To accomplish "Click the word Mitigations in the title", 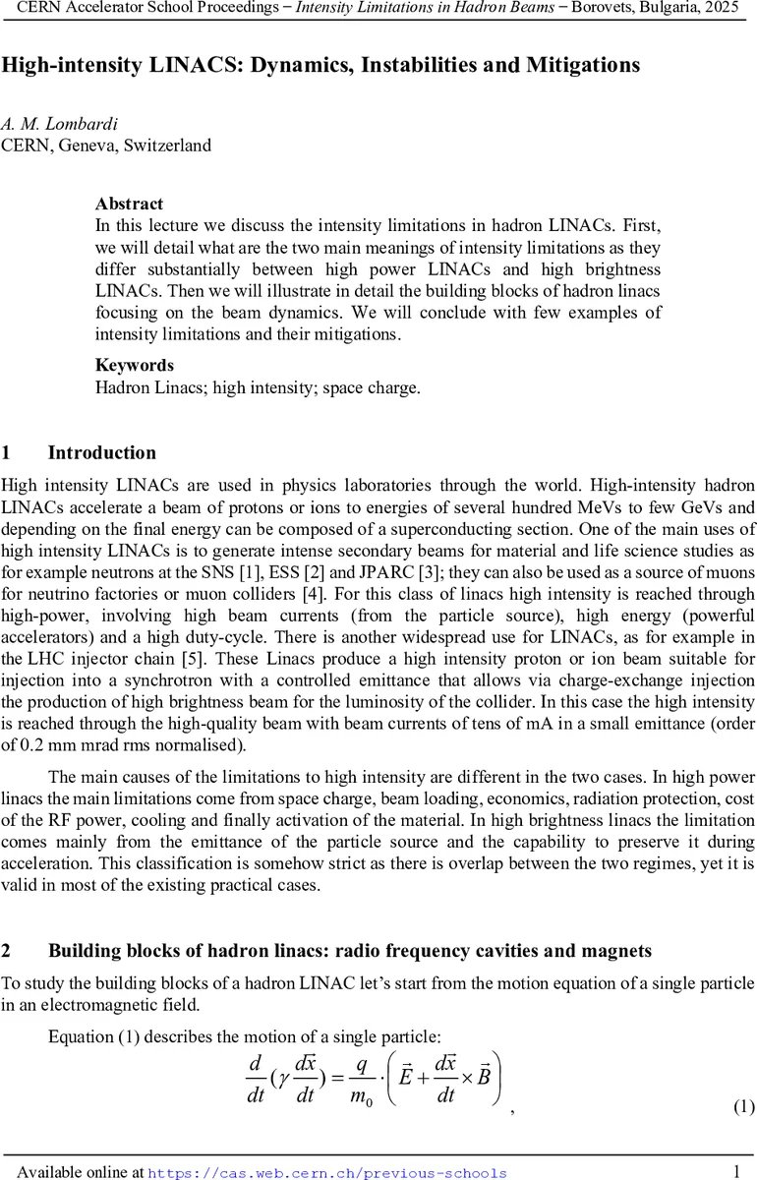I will pyautogui.click(x=582, y=65).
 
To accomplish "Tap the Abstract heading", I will pyautogui.click(x=129, y=204).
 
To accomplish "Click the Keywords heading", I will pyautogui.click(x=134, y=365).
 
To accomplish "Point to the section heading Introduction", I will pyautogui.click(x=101, y=453).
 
